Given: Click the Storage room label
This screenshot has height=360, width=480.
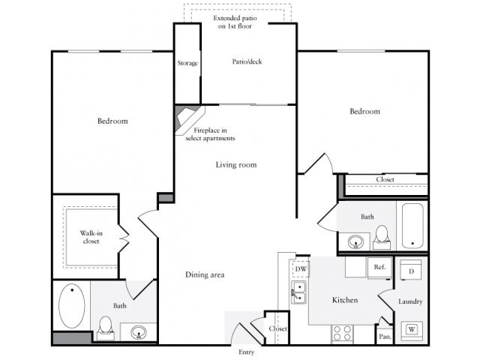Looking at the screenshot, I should (x=187, y=63).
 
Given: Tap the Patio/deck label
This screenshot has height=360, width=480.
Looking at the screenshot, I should (x=246, y=62).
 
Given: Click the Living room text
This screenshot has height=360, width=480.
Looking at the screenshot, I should (x=236, y=164).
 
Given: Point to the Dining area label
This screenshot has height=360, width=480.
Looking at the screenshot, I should (x=205, y=274).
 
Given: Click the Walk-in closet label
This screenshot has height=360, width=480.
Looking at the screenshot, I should (x=91, y=238).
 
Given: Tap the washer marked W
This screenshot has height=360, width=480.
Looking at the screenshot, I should (x=412, y=328).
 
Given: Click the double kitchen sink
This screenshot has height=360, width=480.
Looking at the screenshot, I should (x=299, y=293).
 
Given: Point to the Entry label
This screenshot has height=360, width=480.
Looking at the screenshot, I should (x=245, y=352).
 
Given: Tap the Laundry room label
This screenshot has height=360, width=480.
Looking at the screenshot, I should (x=411, y=301).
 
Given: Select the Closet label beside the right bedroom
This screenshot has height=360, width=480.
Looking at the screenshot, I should (x=385, y=180).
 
